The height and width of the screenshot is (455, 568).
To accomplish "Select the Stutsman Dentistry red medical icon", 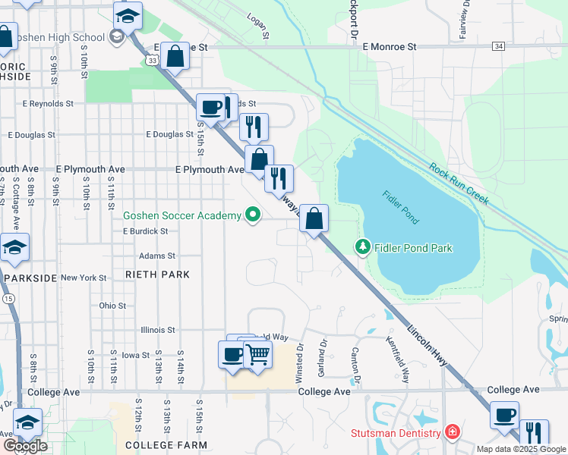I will point(453,432).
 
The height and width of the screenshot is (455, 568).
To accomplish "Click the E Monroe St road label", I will point(390,47).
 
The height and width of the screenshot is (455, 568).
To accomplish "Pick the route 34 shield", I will point(498,47).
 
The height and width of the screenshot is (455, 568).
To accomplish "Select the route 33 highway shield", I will point(153,60).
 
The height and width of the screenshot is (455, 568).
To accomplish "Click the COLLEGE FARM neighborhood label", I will point(160,444).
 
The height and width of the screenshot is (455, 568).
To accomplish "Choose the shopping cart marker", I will point(258,354).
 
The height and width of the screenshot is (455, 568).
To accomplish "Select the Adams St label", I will point(157,256).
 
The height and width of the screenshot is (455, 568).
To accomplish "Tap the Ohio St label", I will point(112,305).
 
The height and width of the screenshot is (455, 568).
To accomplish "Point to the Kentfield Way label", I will point(397,359).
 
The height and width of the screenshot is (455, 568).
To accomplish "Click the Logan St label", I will point(259,26).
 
